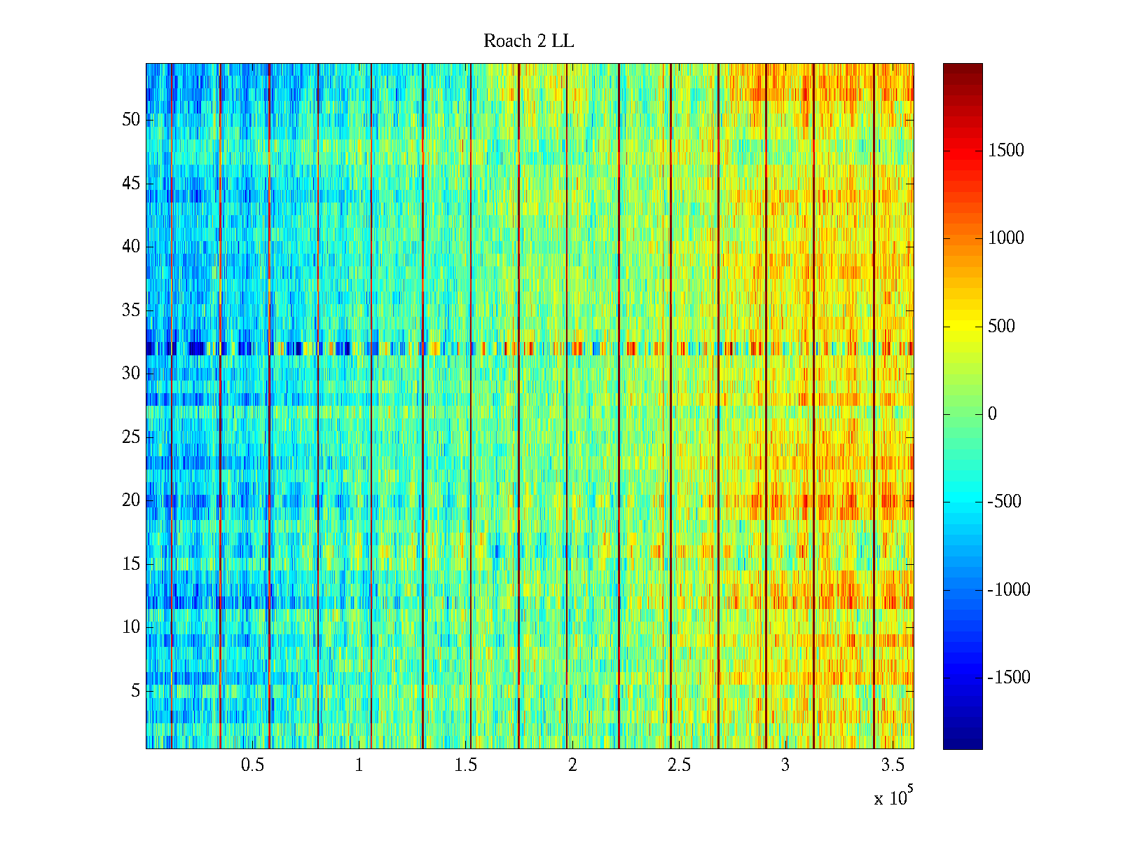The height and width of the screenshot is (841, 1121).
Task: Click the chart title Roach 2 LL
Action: pyautogui.click(x=528, y=41)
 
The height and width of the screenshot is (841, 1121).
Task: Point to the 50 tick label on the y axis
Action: pyautogui.click(x=131, y=120)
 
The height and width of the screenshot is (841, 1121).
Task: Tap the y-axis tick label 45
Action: pyautogui.click(x=131, y=184)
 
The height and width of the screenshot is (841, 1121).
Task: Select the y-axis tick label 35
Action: pyautogui.click(x=131, y=310)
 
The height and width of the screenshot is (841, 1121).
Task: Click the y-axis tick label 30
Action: pyautogui.click(x=131, y=374)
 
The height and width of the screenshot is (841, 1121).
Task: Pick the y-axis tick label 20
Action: pyautogui.click(x=131, y=500)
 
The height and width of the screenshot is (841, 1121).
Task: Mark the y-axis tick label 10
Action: pyautogui.click(x=131, y=627)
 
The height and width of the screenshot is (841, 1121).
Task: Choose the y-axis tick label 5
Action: pyautogui.click(x=135, y=691)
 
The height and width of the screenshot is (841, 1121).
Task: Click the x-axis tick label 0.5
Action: pyautogui.click(x=252, y=765)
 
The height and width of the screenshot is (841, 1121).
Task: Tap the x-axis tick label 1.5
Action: pyautogui.click(x=465, y=765)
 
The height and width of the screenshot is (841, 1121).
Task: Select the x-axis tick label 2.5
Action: pyautogui.click(x=679, y=765)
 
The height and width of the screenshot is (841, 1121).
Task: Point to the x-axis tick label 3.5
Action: pyautogui.click(x=892, y=765)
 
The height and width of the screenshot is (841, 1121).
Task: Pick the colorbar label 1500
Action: pyautogui.click(x=1005, y=150)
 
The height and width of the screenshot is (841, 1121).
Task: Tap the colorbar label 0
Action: pyautogui.click(x=992, y=414)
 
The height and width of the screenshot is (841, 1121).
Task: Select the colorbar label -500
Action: pyautogui.click(x=1004, y=502)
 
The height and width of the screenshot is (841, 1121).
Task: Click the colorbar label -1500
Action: pyautogui.click(x=1008, y=678)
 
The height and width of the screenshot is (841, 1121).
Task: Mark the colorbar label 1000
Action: pyautogui.click(x=1005, y=238)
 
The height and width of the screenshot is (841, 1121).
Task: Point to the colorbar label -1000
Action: pyautogui.click(x=1008, y=590)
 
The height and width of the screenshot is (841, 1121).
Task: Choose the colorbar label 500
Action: pyautogui.click(x=1001, y=326)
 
